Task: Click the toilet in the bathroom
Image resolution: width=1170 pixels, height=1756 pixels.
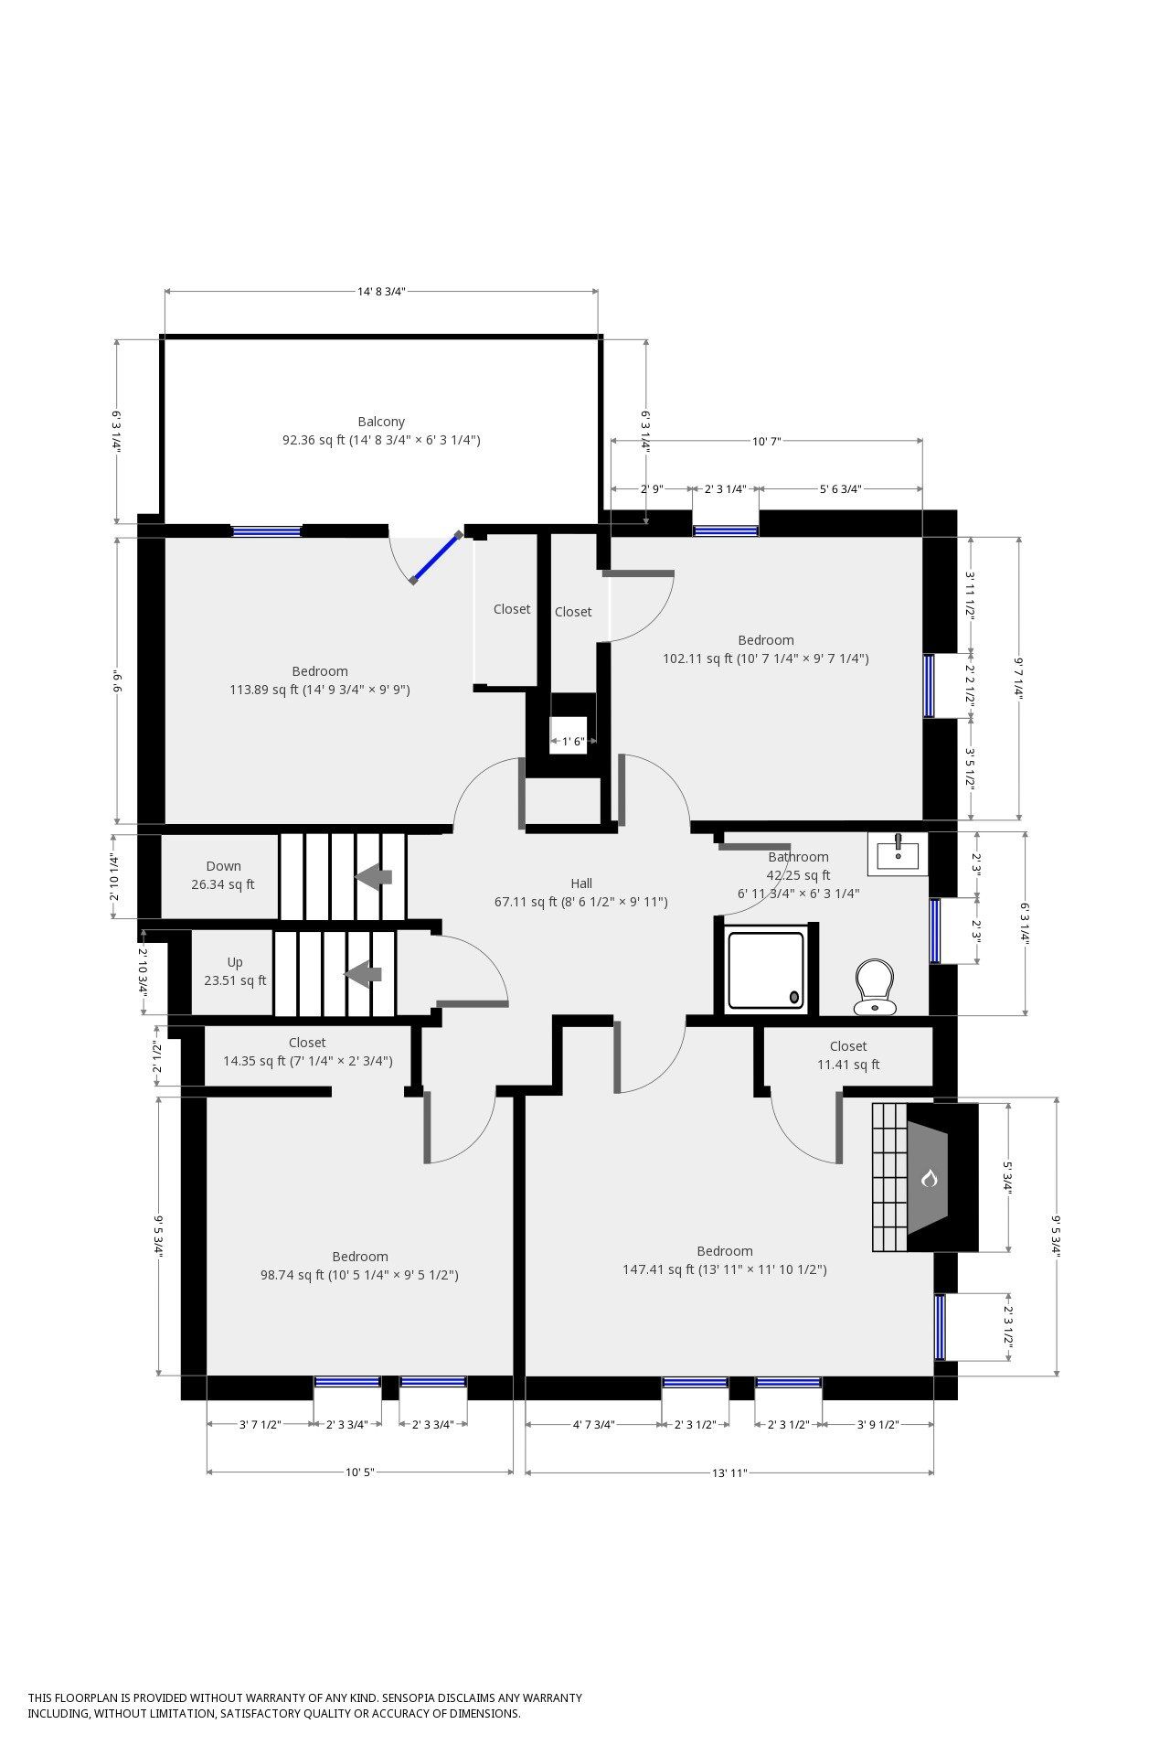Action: click(x=875, y=987)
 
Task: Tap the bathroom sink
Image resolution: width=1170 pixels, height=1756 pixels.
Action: click(x=898, y=853)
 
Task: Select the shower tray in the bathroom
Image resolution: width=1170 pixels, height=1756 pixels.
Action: click(x=766, y=970)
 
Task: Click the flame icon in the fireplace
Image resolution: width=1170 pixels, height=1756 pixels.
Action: click(x=930, y=1178)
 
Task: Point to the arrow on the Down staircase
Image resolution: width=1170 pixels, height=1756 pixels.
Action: click(x=373, y=876)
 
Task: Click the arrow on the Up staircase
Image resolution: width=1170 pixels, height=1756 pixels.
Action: click(x=363, y=974)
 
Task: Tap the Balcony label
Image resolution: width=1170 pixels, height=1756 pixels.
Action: click(x=381, y=422)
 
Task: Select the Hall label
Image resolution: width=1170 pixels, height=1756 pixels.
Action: click(x=581, y=883)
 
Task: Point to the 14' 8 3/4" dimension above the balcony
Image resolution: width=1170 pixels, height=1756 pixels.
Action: click(x=381, y=292)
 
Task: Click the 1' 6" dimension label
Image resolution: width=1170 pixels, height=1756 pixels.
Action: click(x=573, y=742)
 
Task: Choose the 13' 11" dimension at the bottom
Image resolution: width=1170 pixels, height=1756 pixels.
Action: click(x=729, y=1473)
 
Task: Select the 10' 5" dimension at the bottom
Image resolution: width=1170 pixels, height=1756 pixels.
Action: click(x=360, y=1472)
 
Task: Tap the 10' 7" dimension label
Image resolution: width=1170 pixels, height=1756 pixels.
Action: click(x=766, y=442)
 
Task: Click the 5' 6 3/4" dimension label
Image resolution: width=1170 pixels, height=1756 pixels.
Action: click(x=840, y=489)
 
